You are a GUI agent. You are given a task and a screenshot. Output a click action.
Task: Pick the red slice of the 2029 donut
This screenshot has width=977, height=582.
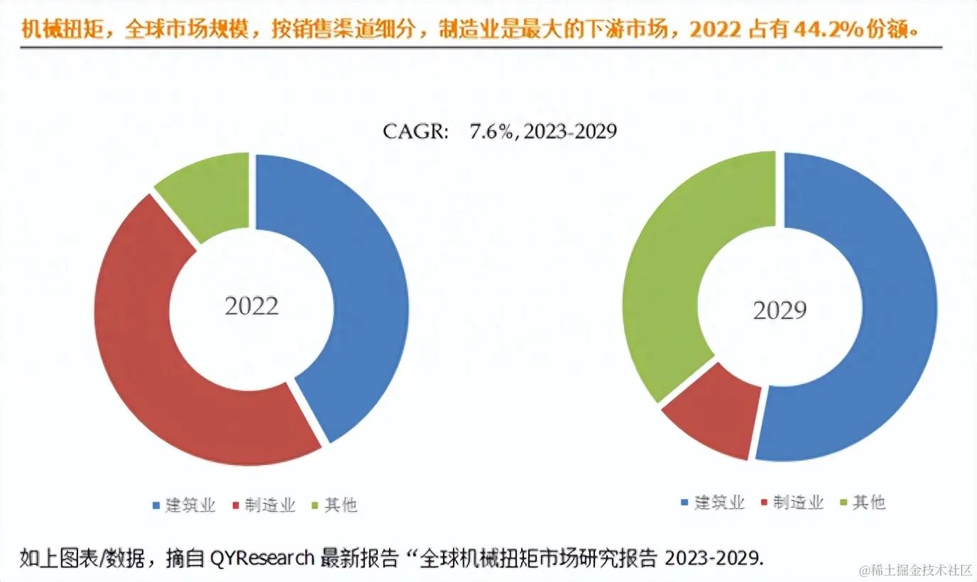click(714, 419)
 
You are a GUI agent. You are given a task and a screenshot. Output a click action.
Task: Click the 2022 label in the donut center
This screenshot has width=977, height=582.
click(251, 306)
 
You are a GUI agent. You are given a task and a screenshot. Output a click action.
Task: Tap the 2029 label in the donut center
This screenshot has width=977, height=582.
click(780, 309)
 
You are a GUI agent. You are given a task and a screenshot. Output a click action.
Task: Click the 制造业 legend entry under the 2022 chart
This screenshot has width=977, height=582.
click(263, 505)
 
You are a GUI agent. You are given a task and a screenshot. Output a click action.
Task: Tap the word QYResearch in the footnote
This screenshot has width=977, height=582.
click(262, 558)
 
